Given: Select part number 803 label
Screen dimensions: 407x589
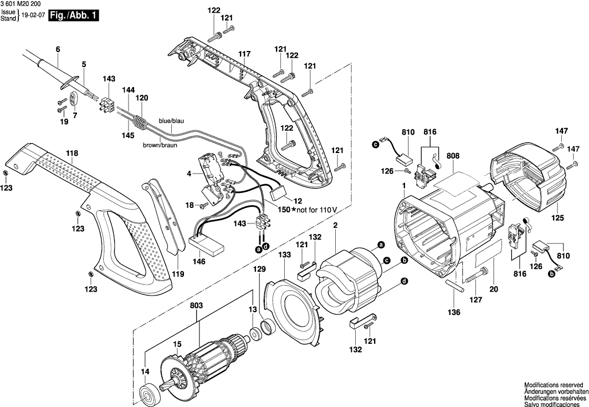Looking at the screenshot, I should point(196,306).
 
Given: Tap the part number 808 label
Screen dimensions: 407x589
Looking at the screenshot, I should point(454,157).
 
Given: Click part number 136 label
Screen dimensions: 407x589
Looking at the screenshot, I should point(454,313).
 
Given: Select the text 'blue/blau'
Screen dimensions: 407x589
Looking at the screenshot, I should point(172,121).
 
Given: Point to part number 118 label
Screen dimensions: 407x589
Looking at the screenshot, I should point(72,154).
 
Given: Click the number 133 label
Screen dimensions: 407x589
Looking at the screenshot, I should point(284,255).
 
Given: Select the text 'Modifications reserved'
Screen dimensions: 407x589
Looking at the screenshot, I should point(554,384).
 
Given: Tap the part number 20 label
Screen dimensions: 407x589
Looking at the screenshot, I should point(494,288).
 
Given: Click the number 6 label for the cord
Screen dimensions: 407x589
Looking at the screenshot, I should point(57,49).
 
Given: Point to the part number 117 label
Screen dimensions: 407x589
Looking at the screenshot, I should point(244,54).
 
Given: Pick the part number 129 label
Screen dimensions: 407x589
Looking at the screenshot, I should point(260,269).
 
